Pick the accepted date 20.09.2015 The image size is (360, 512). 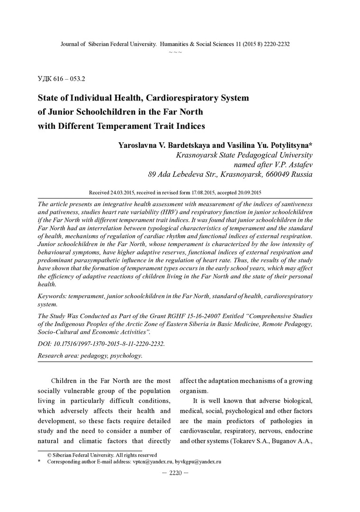[x=246, y=193]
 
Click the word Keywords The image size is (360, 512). [x=52, y=296]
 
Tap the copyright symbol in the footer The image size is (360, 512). [x=49, y=455]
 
